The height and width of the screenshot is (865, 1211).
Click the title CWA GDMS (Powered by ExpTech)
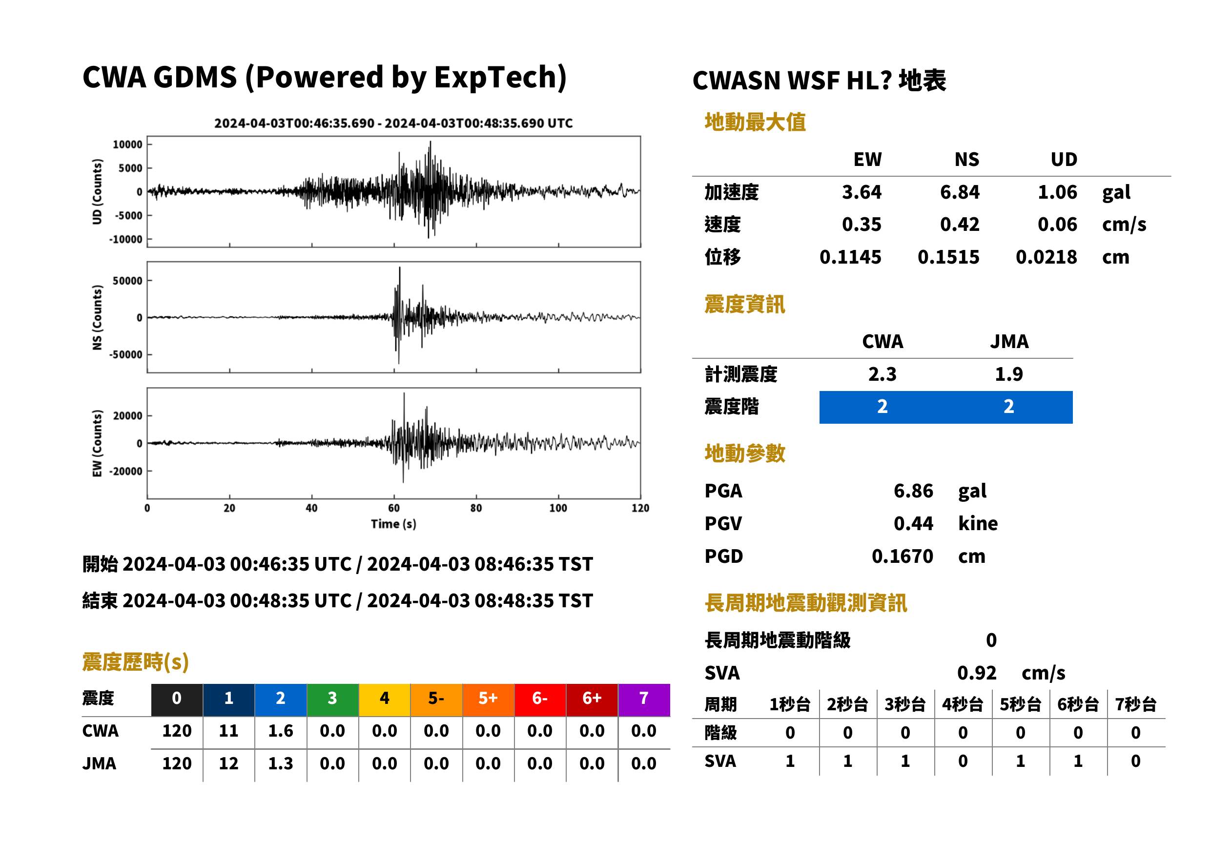point(324,77)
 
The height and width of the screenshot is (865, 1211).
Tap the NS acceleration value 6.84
point(960,192)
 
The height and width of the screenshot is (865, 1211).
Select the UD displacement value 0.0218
point(1047,257)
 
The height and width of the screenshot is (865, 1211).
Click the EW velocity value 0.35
point(862,224)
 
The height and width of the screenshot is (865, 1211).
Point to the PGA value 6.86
point(913,491)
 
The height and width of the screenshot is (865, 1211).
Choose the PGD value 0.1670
point(903,556)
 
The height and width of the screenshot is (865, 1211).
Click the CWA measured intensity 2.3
point(883,374)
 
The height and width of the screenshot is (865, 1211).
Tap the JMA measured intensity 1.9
point(1008,374)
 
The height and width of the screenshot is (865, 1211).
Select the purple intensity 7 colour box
point(644,700)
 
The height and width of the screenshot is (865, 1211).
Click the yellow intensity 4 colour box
point(385,700)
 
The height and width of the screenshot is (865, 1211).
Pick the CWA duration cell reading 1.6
point(281,731)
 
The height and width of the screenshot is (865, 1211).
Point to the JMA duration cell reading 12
point(228,763)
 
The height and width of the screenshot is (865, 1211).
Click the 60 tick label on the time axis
point(393,508)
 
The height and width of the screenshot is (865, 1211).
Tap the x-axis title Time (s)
point(393,524)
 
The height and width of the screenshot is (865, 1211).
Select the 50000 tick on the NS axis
point(127,281)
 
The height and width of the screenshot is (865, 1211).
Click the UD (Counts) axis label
point(97,192)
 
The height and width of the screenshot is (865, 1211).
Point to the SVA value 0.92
point(977,673)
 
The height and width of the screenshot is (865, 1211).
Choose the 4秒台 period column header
point(962,704)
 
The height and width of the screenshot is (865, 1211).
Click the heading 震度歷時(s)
point(136,662)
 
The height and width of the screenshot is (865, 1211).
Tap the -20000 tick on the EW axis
point(125,472)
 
